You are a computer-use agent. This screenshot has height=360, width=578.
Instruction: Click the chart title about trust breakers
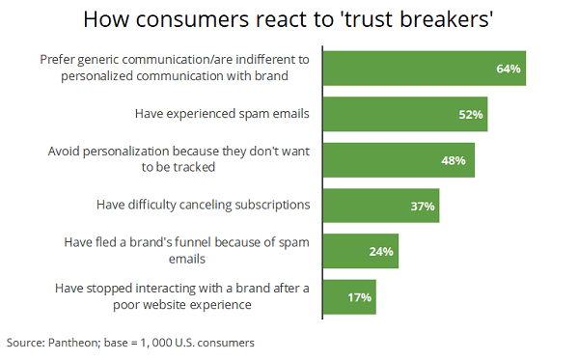pyautogui.click(x=289, y=19)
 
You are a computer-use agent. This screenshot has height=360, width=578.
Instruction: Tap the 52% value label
pyautogui.click(x=471, y=114)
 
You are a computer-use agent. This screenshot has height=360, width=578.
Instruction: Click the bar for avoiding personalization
pyautogui.click(x=398, y=159)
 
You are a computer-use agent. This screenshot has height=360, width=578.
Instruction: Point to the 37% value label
pyautogui.click(x=423, y=206)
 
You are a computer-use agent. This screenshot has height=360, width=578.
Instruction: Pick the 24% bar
pyautogui.click(x=359, y=251)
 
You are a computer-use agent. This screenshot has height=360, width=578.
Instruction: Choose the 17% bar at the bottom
pyautogui.click(x=348, y=296)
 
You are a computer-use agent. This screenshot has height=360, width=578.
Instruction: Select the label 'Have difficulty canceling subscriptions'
pyautogui.click(x=202, y=206)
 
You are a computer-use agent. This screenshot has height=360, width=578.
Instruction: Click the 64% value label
pyautogui.click(x=509, y=69)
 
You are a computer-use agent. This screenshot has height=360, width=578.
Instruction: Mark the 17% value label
pyautogui.click(x=359, y=296)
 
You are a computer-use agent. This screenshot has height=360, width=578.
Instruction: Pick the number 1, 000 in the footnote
pyautogui.click(x=154, y=342)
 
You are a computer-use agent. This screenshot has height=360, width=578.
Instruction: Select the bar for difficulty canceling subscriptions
pyautogui.click(x=380, y=206)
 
